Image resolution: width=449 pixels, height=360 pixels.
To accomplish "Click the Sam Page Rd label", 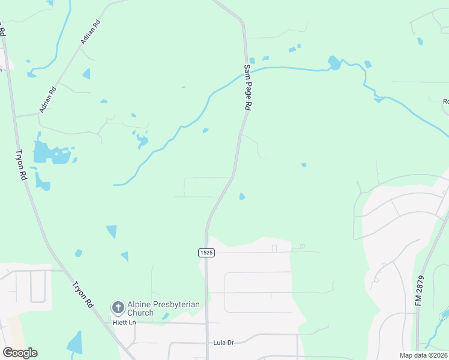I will click(247, 87).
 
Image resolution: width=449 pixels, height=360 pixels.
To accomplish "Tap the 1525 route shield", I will click(206, 253).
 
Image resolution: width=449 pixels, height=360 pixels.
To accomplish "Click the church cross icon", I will click(118, 308).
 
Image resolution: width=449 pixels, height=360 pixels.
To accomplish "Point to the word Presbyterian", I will click(176, 305).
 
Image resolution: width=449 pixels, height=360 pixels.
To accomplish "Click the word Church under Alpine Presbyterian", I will click(141, 313).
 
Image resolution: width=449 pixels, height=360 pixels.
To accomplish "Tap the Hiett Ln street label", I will click(125, 322).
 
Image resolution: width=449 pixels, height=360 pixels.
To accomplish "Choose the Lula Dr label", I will click(223, 343).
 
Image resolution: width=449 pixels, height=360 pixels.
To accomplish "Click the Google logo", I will click(20, 353).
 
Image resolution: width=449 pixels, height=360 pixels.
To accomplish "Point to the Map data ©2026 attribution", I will click(423, 355).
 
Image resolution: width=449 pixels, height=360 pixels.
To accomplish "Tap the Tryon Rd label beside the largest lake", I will click(21, 165).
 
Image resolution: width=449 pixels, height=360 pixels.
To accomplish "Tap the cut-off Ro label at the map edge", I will click(445, 101).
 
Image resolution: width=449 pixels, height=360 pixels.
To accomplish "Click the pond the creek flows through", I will click(333, 63).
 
